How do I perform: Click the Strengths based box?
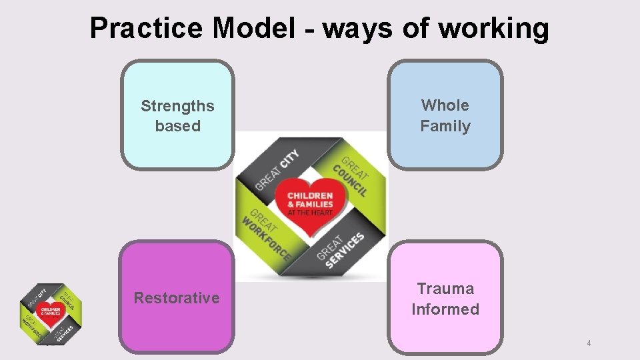[177, 115]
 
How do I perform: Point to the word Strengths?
[177, 106]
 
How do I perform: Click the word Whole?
[445, 105]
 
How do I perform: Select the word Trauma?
[445, 289]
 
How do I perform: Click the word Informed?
[445, 309]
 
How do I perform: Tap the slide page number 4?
[589, 343]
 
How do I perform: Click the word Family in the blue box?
[445, 126]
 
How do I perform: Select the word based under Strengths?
[177, 126]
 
